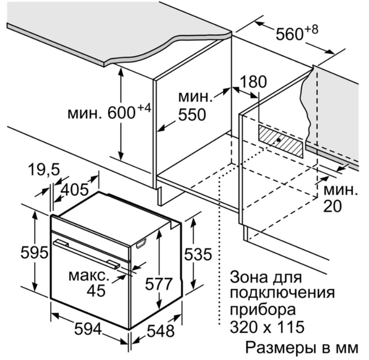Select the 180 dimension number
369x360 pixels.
tap(253, 82)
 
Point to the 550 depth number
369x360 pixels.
tap(192, 115)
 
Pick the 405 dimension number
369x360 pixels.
tap(75, 190)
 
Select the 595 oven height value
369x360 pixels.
tap(34, 253)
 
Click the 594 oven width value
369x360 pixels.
tap(88, 328)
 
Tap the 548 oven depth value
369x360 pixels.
tap(161, 330)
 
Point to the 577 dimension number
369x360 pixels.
tap(159, 284)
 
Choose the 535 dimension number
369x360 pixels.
tap(198, 254)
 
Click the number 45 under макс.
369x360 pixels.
tap(96, 291)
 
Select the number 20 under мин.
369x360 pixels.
tap(332, 206)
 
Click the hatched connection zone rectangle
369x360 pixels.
tap(281, 141)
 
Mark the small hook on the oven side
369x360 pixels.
tap(141, 243)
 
